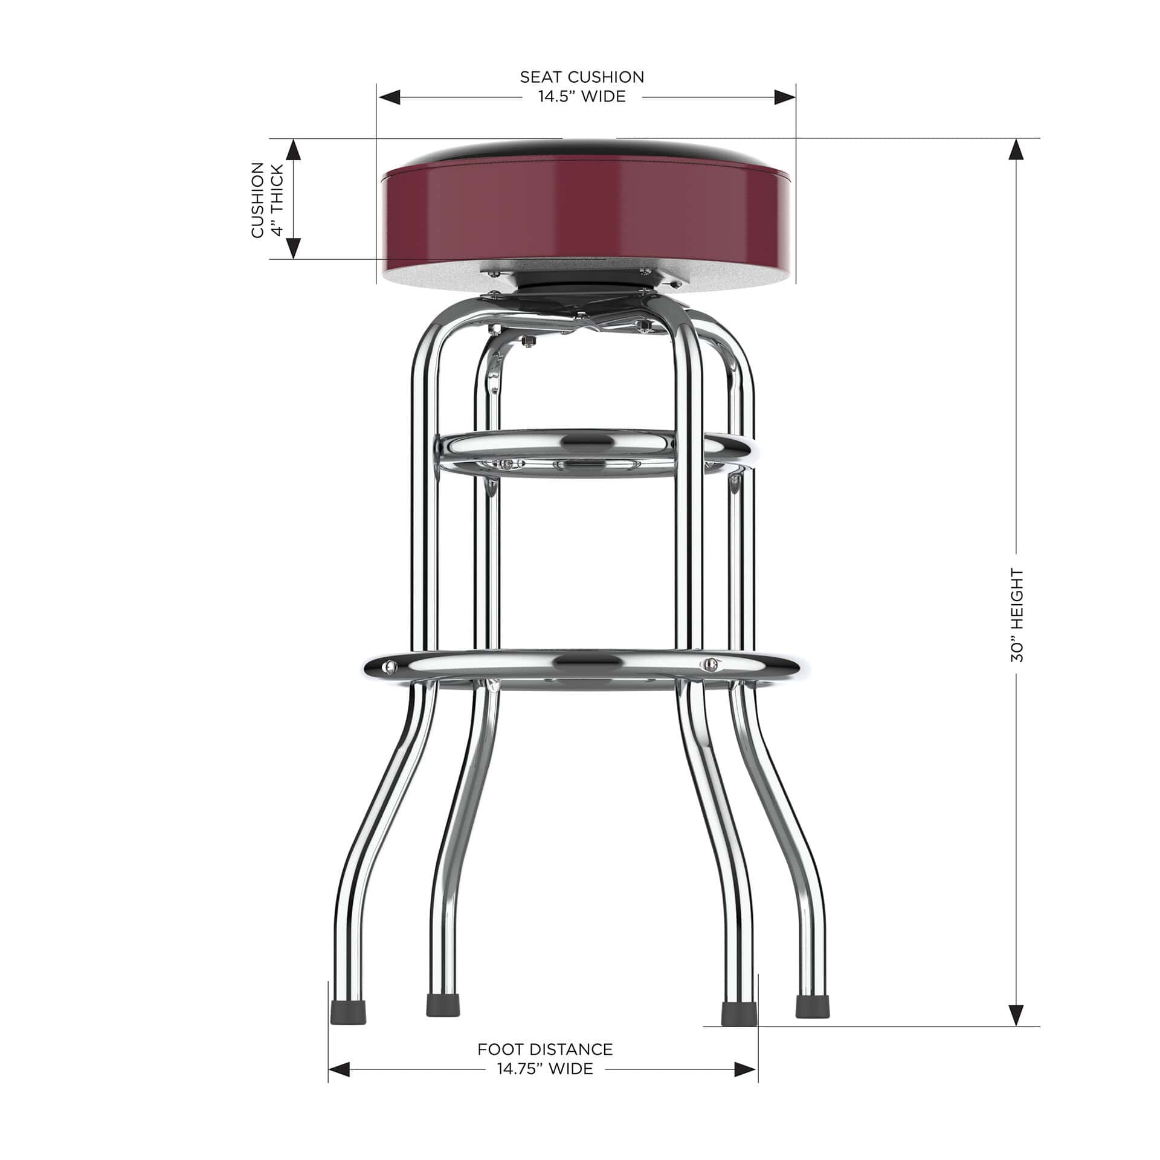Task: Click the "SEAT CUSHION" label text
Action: tap(582, 77)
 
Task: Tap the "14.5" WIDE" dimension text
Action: tap(582, 97)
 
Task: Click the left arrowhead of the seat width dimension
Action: tap(389, 97)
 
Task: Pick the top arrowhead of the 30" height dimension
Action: tap(1017, 150)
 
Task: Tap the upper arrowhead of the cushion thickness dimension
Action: tap(293, 149)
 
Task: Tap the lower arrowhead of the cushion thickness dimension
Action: tap(293, 248)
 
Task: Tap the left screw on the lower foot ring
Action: tap(390, 666)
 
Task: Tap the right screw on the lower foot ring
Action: tap(710, 665)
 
